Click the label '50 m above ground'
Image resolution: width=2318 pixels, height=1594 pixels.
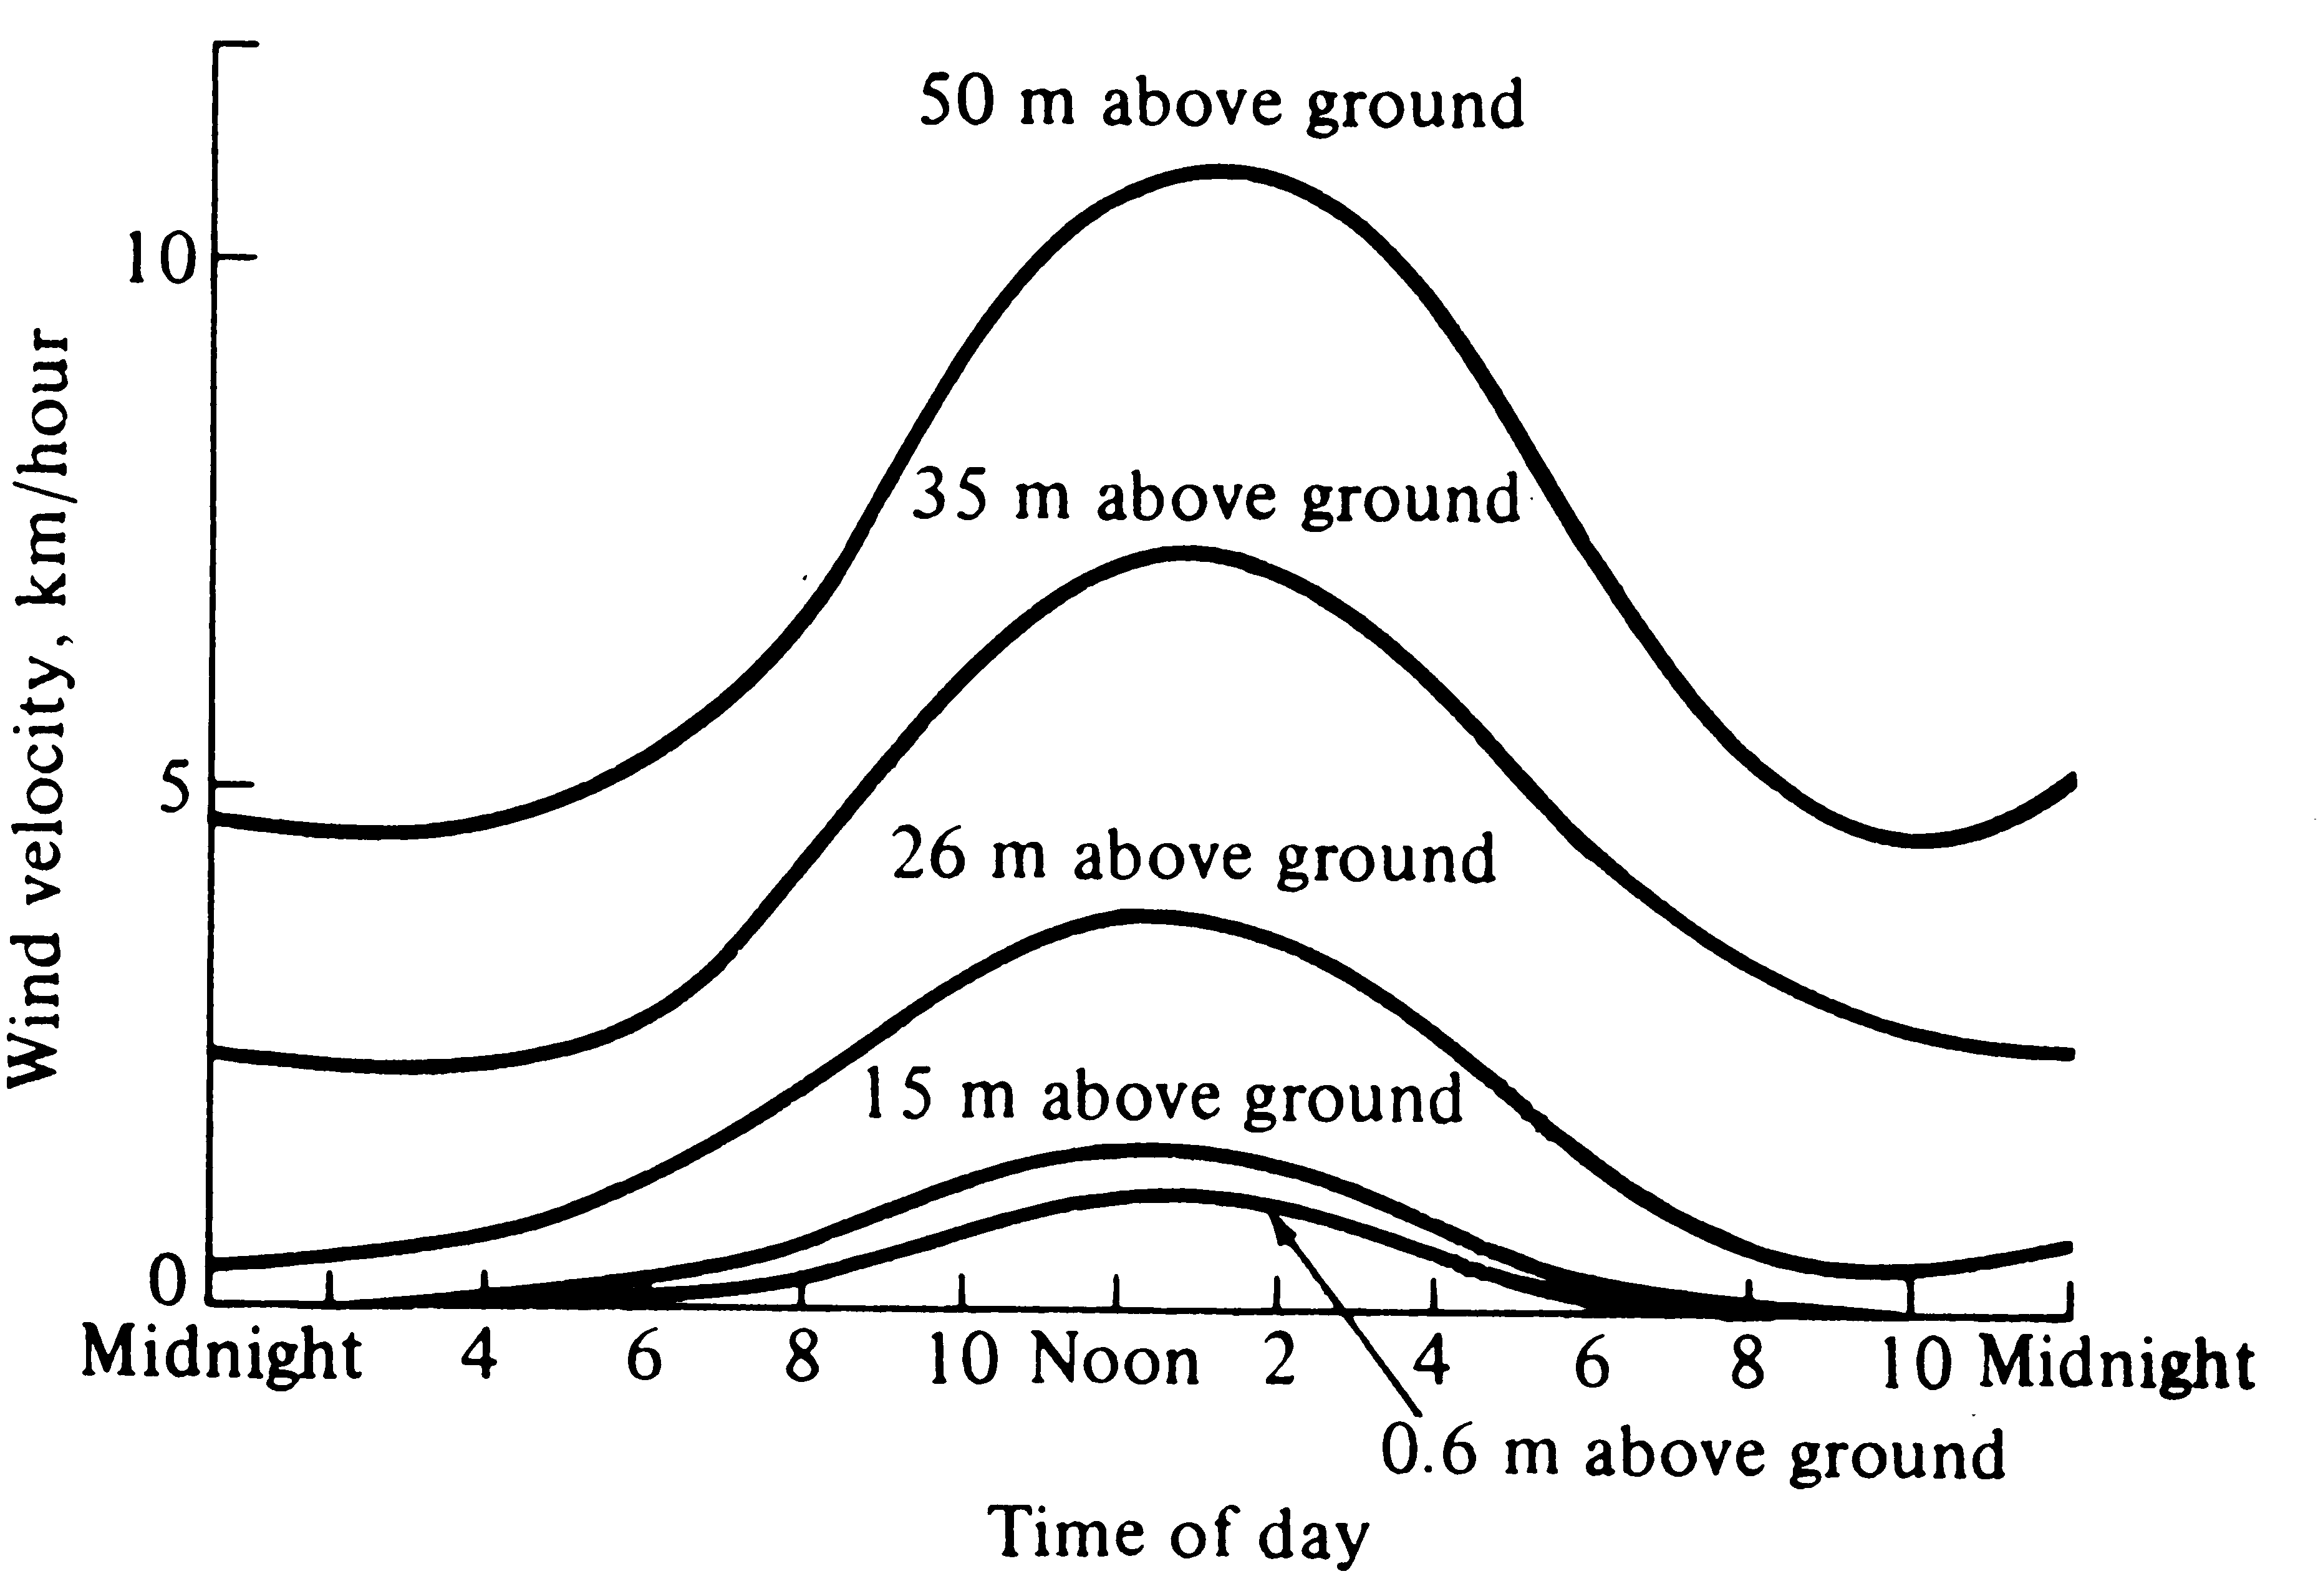coord(1222,103)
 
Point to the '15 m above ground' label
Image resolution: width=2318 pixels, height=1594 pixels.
coord(1162,1096)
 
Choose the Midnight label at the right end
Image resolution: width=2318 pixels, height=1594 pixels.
coord(2115,1363)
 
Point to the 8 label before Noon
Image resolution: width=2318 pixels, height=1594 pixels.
coord(802,1360)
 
